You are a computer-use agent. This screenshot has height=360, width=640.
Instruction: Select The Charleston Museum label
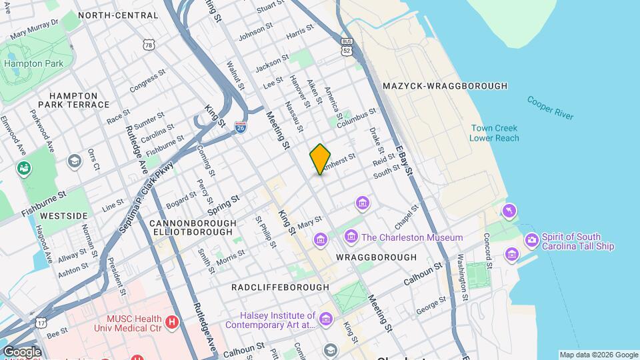(x=412, y=237)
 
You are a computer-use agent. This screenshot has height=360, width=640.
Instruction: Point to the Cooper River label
(x=550, y=107)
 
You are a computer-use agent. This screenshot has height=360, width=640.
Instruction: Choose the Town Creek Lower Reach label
(x=494, y=133)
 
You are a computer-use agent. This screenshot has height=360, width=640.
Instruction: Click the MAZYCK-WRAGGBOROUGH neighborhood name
(x=445, y=86)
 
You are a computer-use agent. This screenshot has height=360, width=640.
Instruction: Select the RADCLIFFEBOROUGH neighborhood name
(x=280, y=287)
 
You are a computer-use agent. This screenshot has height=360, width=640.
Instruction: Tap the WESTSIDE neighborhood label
(x=63, y=216)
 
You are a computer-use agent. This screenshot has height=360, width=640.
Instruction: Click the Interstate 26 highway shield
(x=241, y=127)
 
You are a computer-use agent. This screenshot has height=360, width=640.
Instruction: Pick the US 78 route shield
(x=147, y=43)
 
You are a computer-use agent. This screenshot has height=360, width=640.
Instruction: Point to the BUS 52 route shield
(x=345, y=47)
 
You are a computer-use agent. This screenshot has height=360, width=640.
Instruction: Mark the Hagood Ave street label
(x=44, y=243)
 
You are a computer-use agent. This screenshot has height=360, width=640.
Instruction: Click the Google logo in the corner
(x=21, y=351)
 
